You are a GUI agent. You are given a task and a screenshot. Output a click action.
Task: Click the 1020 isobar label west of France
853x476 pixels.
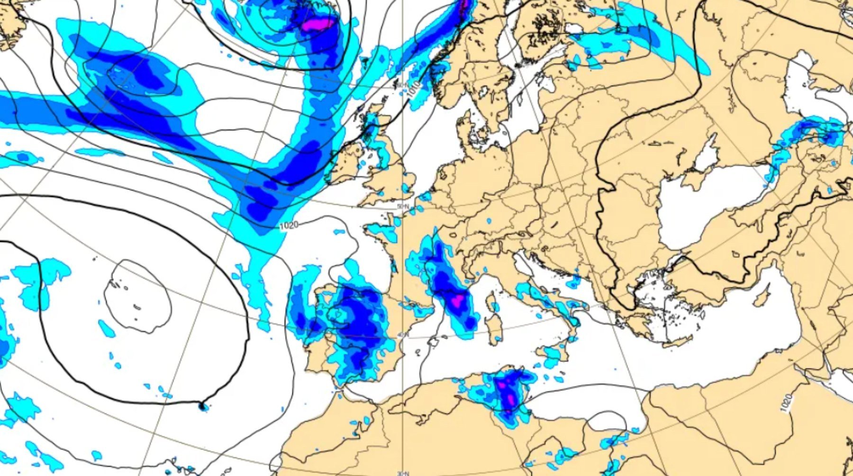[x=289, y=225]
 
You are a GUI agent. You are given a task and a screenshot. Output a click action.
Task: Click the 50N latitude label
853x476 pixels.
[x=403, y=207]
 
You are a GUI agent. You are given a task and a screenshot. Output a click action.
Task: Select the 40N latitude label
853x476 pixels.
[x=402, y=335]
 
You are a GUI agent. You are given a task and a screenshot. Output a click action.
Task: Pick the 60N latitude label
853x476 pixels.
[x=402, y=85]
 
